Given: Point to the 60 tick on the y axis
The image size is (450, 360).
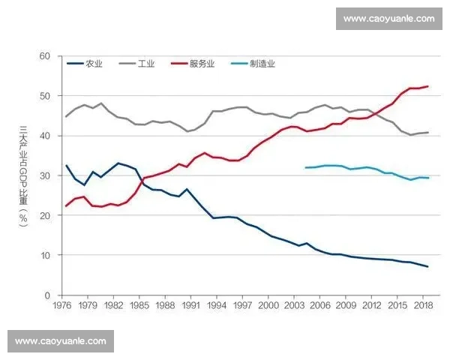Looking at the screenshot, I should pos(44,56).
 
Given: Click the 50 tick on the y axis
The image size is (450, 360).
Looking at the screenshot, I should pos(44,96).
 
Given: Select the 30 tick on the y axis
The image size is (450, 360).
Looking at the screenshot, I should pos(44,175).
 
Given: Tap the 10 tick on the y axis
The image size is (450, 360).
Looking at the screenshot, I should pos(44,255).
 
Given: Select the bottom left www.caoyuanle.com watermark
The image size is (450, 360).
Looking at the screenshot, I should pos(61,341).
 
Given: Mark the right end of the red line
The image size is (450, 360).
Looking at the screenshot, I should pos(427,87).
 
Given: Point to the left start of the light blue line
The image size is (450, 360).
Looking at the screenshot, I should pos(306,167).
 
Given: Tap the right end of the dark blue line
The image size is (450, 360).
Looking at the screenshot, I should pos(427,267).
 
